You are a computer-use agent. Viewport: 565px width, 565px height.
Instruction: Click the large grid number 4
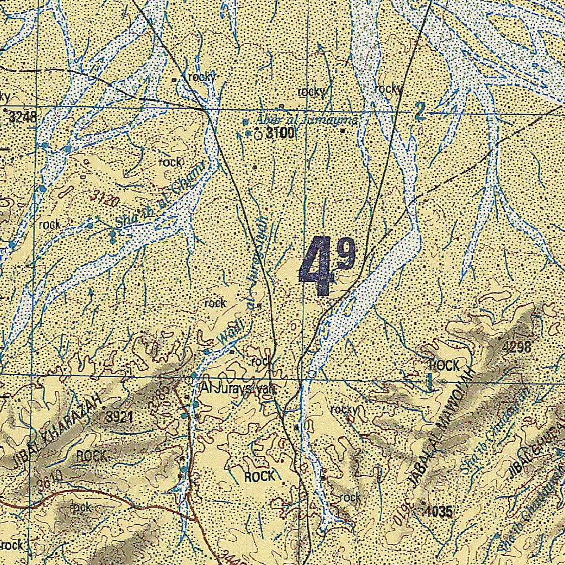pos(317,267)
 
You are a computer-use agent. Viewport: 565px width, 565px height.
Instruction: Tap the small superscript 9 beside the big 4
pos(347,256)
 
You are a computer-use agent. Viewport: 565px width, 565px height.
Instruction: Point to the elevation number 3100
pos(280,133)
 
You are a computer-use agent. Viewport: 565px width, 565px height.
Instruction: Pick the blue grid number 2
pos(420,112)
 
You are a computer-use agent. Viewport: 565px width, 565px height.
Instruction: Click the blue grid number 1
pos(429,382)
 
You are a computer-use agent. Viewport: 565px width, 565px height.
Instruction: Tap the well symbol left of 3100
pos(258,133)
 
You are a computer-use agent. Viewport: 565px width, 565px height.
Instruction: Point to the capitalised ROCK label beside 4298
pos(444,365)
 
